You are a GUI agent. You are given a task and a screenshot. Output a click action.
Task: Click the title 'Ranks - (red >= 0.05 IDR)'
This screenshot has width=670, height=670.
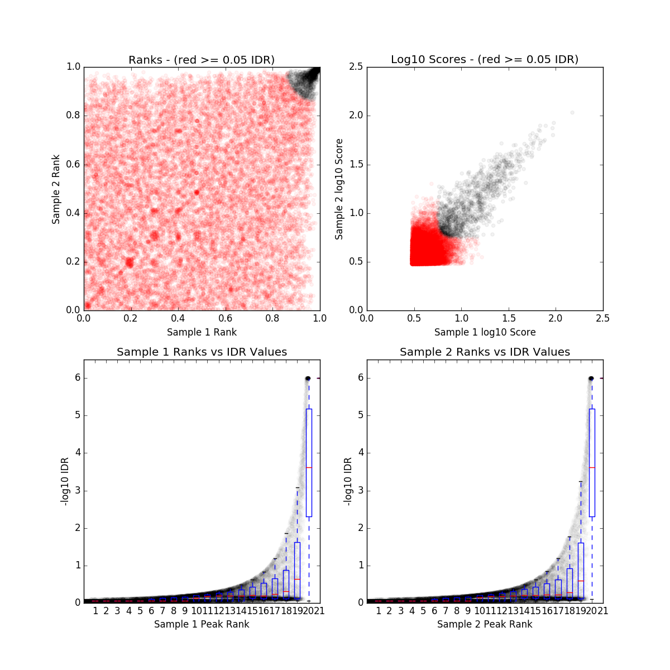click(202, 60)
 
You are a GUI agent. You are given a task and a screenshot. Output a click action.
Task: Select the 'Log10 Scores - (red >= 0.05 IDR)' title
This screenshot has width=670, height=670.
click(485, 59)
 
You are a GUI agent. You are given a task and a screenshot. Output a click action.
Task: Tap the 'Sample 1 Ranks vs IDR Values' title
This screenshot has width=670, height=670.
click(202, 352)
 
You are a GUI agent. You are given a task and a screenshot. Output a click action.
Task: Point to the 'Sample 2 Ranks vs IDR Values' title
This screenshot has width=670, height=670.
click(485, 352)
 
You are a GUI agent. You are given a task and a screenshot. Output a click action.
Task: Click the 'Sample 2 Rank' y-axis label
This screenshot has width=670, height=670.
click(56, 189)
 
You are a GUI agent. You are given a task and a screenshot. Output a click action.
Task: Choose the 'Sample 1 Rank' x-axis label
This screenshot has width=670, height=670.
click(202, 332)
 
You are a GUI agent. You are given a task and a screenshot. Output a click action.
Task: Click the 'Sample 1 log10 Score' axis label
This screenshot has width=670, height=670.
click(485, 332)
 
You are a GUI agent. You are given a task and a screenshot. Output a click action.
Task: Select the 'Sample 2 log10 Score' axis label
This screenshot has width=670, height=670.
click(339, 189)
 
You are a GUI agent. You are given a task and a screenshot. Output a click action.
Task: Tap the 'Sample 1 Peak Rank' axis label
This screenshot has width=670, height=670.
click(202, 624)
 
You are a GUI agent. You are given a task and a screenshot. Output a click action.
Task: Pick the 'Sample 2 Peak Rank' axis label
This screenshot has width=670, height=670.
click(485, 624)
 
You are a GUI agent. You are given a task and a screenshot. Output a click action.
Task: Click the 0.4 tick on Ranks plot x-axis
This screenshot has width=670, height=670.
click(178, 318)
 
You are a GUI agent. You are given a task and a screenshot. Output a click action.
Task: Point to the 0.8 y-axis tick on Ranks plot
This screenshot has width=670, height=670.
click(74, 116)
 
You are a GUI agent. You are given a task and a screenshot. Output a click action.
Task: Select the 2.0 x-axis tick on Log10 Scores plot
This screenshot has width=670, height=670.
click(556, 318)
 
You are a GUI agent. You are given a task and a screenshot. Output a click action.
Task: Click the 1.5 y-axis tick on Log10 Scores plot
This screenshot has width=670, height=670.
click(356, 165)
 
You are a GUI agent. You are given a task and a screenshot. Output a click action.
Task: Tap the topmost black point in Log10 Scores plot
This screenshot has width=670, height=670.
click(572, 112)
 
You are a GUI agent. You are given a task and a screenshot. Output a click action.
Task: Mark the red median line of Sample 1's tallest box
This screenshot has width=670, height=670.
click(309, 467)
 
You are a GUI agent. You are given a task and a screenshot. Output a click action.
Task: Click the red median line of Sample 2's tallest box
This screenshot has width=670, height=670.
click(592, 467)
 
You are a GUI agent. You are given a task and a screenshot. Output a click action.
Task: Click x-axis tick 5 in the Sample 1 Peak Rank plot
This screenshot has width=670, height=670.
click(140, 611)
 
